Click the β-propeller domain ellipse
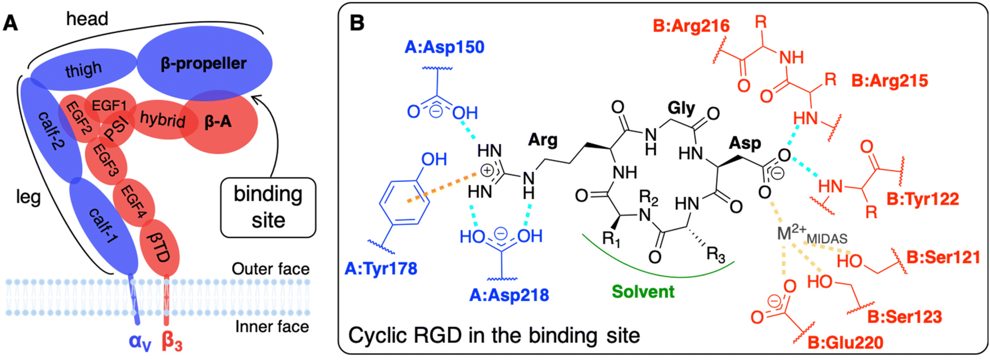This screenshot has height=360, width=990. [205, 63]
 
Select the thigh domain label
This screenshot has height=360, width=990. [83, 69]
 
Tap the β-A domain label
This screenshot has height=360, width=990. [218, 122]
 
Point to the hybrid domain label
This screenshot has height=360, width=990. [162, 119]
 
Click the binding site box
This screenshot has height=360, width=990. [268, 207]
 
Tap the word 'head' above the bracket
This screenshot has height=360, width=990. [87, 19]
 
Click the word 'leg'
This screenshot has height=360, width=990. [28, 197]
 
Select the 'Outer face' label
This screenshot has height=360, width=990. [271, 269]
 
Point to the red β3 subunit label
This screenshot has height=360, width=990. [172, 341]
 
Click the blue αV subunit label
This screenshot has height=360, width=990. [140, 342]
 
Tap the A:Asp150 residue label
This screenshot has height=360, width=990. [444, 47]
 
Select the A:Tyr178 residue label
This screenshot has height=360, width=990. [381, 269]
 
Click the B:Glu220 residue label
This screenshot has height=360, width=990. [846, 343]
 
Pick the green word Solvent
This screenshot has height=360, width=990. [643, 292]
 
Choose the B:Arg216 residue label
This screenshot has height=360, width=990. [691, 26]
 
